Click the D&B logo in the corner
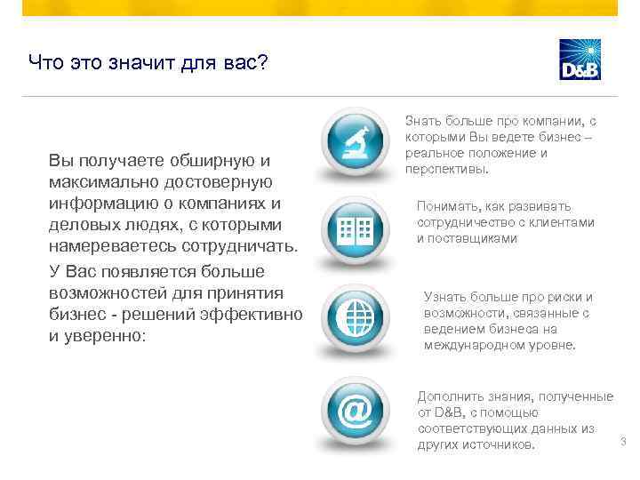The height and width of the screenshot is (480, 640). (x=580, y=60)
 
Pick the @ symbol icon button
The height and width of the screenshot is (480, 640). (x=353, y=410)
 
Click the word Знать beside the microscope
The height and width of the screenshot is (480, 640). (x=423, y=120)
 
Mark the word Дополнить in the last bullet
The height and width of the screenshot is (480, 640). (x=451, y=396)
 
